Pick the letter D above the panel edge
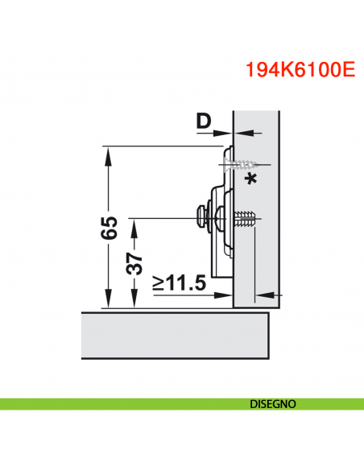pyautogui.click(x=204, y=122)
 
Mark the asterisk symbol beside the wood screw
pyautogui.click(x=251, y=179)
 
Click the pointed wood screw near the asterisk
pyautogui.click(x=237, y=164)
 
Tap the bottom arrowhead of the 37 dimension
pyautogui.click(x=134, y=303)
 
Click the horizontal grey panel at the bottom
pyautogui.click(x=173, y=336)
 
